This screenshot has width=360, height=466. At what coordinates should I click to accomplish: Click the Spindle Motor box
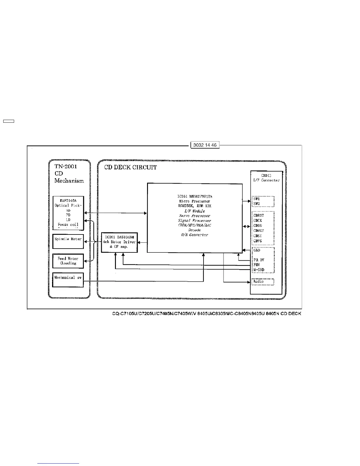tap(68, 242)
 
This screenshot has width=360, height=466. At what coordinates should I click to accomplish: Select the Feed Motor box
tap(68, 261)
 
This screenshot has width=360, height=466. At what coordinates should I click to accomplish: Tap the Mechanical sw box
tap(68, 280)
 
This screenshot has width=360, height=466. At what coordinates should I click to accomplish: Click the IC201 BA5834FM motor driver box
tap(119, 242)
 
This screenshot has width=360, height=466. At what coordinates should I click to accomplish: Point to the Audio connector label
tap(259, 282)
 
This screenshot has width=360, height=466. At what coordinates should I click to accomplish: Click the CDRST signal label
tap(259, 215)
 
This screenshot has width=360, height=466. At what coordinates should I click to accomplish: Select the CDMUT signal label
tap(259, 231)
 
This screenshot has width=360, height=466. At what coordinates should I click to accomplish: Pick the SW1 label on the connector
tap(256, 199)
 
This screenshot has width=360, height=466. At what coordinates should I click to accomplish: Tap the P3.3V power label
tap(259, 260)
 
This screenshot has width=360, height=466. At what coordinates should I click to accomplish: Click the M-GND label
tap(259, 270)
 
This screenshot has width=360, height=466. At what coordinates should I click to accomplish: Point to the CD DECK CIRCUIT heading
tap(131, 167)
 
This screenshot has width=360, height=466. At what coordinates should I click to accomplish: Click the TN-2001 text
tap(66, 166)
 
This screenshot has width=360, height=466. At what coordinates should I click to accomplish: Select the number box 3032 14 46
tap(205, 145)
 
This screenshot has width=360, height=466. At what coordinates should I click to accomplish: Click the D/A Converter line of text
tap(194, 235)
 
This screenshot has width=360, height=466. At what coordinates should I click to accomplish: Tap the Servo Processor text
tap(194, 216)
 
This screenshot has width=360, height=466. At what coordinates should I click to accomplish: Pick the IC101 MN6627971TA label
tap(194, 196)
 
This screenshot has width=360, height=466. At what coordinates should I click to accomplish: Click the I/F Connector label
tap(266, 180)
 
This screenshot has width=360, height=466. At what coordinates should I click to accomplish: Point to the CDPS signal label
tap(258, 241)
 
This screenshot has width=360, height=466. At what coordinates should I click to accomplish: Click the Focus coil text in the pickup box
tap(68, 224)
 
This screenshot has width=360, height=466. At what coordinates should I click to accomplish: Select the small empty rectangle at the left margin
tap(8, 121)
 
